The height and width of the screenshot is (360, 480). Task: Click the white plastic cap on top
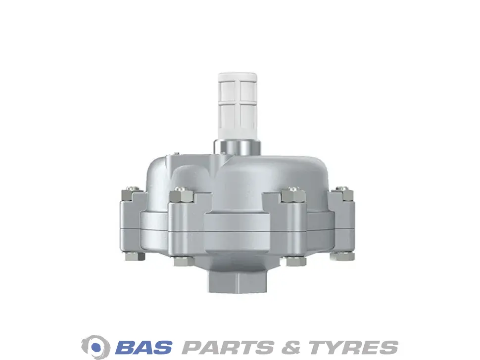(x=237, y=105)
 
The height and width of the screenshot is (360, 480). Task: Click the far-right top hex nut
(x=343, y=194)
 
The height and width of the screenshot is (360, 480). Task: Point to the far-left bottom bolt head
(x=134, y=256)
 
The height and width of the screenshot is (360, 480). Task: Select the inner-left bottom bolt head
(x=184, y=261)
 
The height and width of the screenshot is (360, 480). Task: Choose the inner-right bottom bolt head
(x=294, y=261)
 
